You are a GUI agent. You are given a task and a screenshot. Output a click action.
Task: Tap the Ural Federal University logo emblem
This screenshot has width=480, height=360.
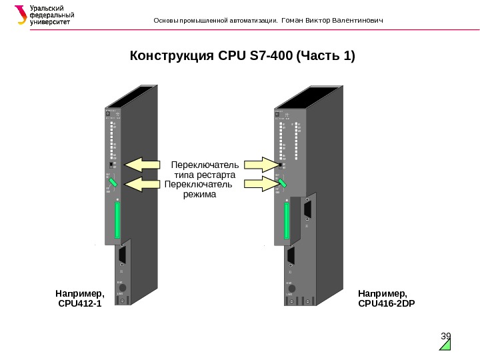pyautogui.click(x=21, y=15)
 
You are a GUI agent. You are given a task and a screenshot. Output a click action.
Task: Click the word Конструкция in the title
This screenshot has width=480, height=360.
pyautogui.click(x=172, y=55)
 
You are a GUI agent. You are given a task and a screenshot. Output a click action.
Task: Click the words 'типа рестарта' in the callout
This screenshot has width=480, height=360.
pyautogui.click(x=206, y=175)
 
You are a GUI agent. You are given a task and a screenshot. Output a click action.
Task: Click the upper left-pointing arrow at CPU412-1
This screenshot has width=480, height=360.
pyautogui.click(x=142, y=164)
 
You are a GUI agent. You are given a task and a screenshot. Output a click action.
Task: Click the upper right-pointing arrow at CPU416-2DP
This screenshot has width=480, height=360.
pyautogui.click(x=261, y=164)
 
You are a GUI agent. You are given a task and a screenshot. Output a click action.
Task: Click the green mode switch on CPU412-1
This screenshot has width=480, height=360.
pyautogui.click(x=114, y=181)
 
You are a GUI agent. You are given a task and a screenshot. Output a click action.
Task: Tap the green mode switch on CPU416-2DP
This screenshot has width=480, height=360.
pyautogui.click(x=283, y=182)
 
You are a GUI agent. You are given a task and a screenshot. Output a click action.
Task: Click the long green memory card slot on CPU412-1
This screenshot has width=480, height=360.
pyautogui.click(x=117, y=221)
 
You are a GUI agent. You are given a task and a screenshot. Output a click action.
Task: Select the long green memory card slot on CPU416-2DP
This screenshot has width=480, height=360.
pyautogui.click(x=287, y=221)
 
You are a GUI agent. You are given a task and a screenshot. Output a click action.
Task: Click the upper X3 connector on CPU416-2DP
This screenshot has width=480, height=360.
pyautogui.click(x=307, y=209)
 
